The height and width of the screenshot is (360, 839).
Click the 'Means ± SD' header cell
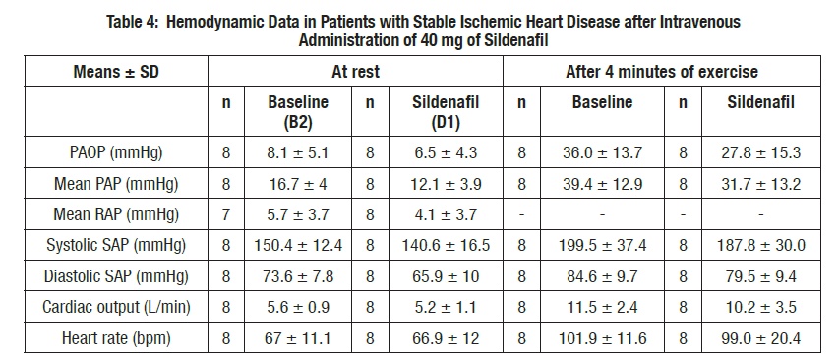[x=116, y=72]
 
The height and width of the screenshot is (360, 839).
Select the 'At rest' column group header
[x=355, y=72]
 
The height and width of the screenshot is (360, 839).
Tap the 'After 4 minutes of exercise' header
[x=661, y=72]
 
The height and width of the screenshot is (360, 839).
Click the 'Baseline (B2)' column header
[x=297, y=112]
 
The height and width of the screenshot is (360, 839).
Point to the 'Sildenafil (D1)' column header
[x=446, y=112]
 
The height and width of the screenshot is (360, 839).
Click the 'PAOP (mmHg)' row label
[x=116, y=153]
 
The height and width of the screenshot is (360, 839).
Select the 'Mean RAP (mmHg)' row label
[x=116, y=215]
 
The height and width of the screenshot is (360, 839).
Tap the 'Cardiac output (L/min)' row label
[x=116, y=308]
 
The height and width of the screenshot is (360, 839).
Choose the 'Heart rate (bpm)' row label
[x=116, y=338]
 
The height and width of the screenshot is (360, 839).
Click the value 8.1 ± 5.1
[x=297, y=153]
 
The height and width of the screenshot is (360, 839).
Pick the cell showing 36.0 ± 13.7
[x=602, y=153]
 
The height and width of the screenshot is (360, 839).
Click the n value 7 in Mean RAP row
[x=226, y=215]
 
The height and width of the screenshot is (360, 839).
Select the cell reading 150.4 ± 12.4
[x=297, y=246]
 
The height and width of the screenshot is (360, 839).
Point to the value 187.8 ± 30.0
[x=760, y=246]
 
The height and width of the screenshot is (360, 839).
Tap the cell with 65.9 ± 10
[x=446, y=276]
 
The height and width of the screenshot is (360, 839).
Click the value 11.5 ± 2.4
[x=602, y=308]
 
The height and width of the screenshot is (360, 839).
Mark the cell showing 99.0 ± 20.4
[x=760, y=338]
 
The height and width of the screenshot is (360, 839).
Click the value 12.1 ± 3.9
[x=446, y=184]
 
